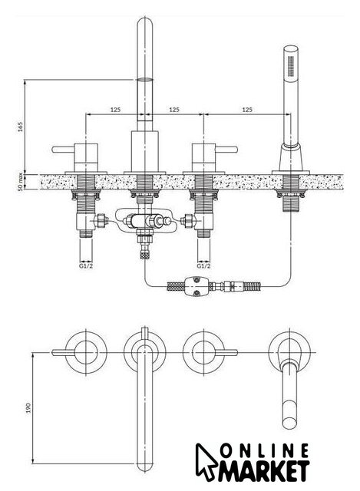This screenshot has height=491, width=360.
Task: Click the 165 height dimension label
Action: click(x=21, y=127)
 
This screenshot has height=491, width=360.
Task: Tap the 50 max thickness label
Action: click(x=21, y=182)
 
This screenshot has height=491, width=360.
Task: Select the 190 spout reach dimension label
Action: click(x=28, y=407)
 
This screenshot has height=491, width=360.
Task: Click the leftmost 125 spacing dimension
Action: click(x=115, y=110)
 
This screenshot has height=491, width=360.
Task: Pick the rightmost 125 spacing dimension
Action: click(x=247, y=110)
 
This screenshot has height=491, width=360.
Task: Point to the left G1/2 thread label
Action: click(x=86, y=266)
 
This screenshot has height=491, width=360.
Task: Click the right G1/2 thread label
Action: click(x=203, y=266)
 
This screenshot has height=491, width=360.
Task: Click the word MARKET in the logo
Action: click(x=264, y=470)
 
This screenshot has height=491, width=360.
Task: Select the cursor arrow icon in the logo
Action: click(x=206, y=461)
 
